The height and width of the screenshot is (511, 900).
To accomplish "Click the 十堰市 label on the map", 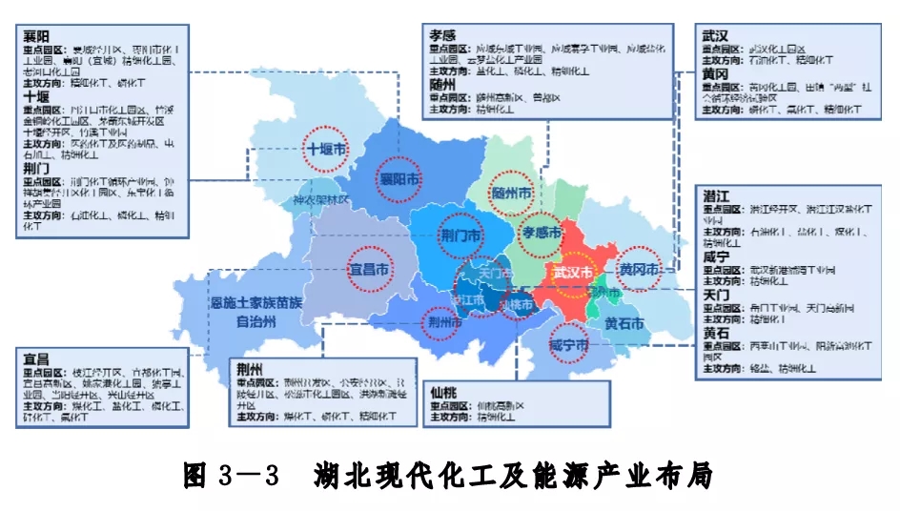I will (x=327, y=150).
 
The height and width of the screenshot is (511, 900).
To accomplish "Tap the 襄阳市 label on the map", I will (x=400, y=180).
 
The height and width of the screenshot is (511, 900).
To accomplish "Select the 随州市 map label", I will (x=511, y=194).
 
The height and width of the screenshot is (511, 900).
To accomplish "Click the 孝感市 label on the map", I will (x=543, y=232).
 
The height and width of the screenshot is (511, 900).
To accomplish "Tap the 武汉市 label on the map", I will (x=578, y=273).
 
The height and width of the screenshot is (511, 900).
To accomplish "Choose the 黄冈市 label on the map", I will (x=639, y=271).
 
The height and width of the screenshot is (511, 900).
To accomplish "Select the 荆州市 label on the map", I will (x=446, y=322).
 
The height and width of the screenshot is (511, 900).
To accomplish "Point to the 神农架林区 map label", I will (x=321, y=202).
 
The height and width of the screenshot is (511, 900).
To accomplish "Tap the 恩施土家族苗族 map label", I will (x=256, y=303).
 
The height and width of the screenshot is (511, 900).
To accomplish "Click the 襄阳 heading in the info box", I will (x=36, y=34).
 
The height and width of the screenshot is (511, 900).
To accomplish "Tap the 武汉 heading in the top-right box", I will (x=717, y=34).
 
